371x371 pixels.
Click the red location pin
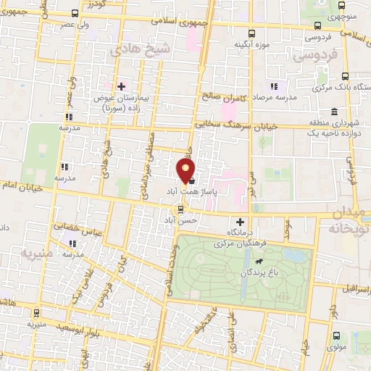[x=186, y=170]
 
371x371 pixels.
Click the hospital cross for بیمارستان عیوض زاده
[x=121, y=86]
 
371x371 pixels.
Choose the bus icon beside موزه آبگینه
[x=251, y=33]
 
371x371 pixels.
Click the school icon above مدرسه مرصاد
[x=273, y=87]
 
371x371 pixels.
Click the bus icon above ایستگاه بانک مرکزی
[x=345, y=76]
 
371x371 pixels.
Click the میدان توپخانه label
[x=347, y=220]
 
